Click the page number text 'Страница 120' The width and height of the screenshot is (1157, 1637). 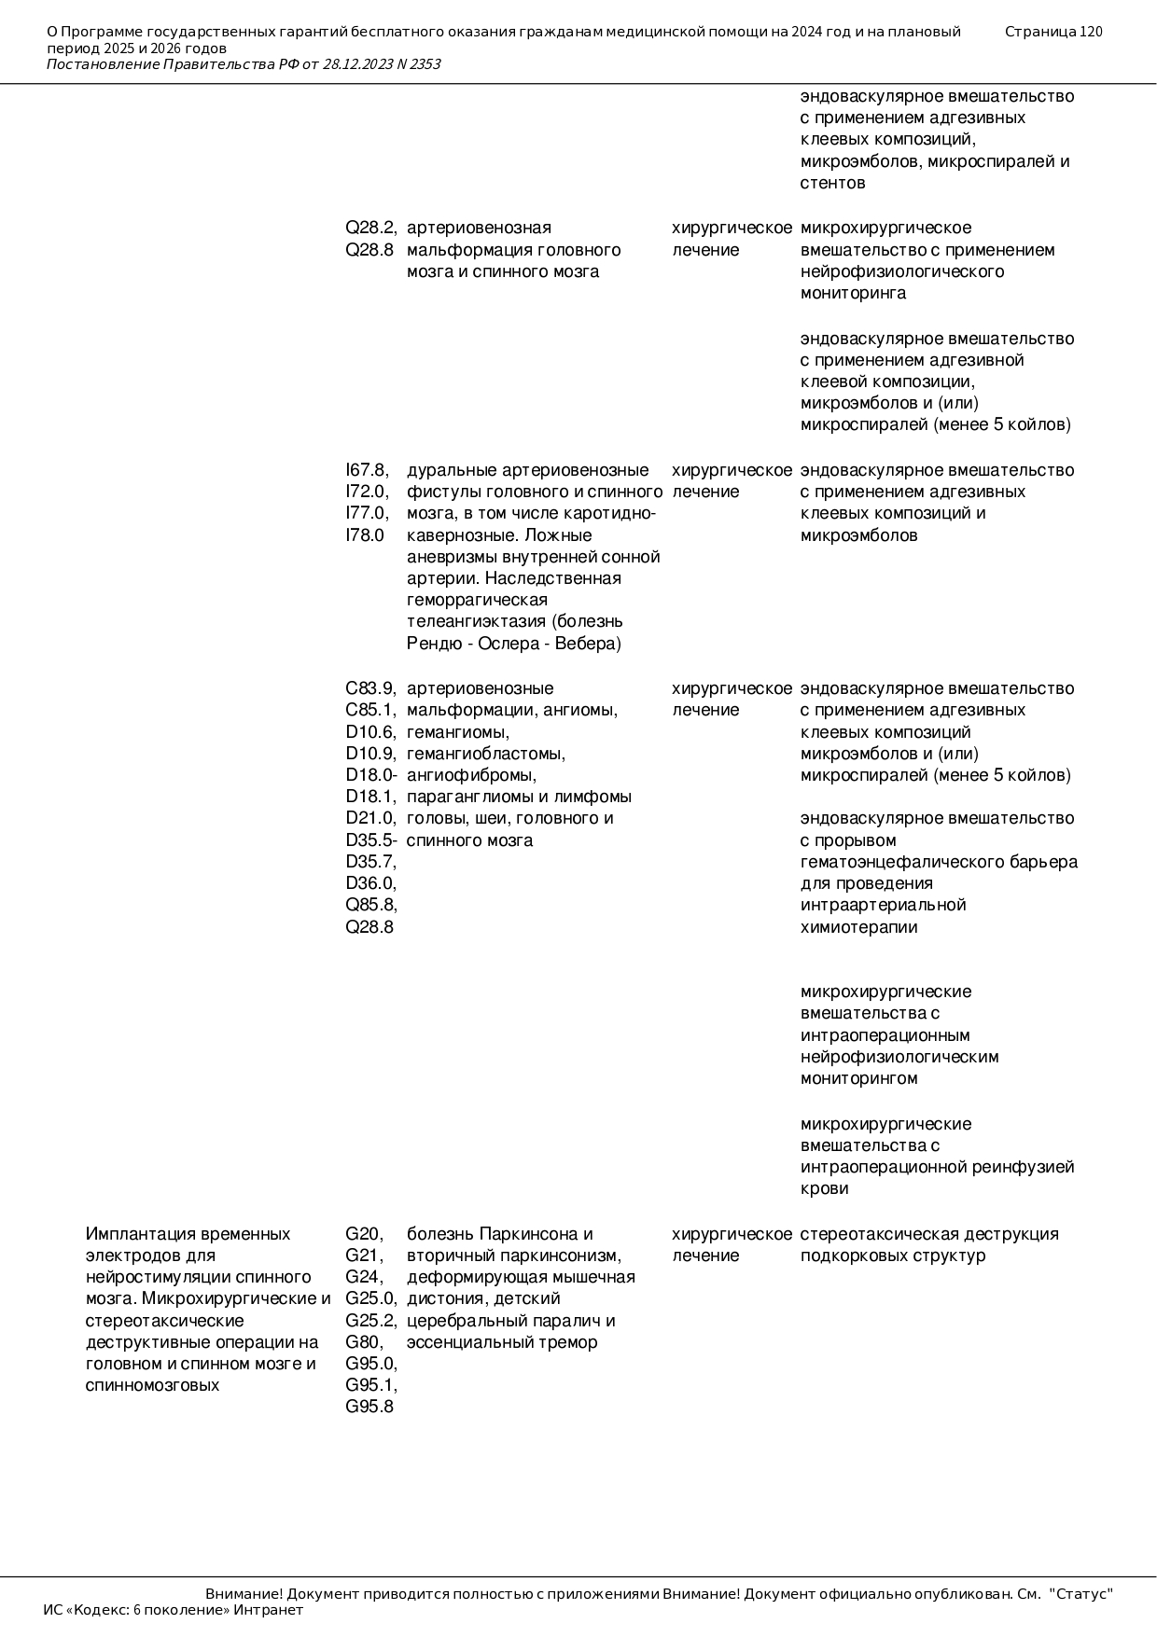[1053, 32]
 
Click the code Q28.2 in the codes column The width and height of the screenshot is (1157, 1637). [369, 228]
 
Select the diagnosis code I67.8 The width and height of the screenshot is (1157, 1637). [367, 470]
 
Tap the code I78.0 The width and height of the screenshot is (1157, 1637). [365, 535]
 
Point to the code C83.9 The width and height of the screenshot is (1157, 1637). [369, 688]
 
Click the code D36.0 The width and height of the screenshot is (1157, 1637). [369, 883]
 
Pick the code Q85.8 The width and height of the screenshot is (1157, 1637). [369, 905]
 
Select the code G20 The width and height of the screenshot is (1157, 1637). [363, 1234]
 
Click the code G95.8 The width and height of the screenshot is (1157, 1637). [369, 1407]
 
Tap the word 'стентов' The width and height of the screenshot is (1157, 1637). [832, 183]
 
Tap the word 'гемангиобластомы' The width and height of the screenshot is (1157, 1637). [485, 754]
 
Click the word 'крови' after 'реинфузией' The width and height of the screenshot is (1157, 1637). [824, 1188]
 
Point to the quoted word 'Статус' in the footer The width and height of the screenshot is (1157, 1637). [1080, 1594]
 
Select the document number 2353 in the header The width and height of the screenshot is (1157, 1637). [425, 64]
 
